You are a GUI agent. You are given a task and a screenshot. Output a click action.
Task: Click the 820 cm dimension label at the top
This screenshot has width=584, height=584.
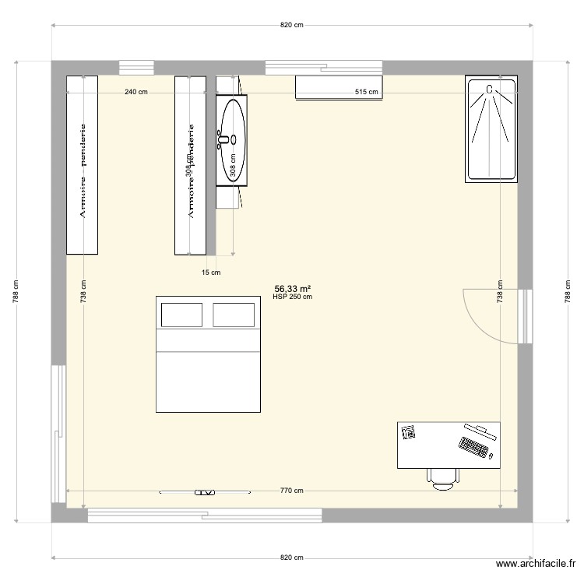coord(291,25)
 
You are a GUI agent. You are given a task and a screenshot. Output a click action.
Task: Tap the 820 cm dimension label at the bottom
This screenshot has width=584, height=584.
coord(291,558)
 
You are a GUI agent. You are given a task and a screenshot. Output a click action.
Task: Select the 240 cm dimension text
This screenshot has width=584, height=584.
coord(135,92)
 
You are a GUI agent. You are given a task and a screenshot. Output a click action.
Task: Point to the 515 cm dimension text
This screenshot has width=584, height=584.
coord(366,92)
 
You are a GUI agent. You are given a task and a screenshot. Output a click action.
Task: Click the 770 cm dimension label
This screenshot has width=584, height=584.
coord(291,491)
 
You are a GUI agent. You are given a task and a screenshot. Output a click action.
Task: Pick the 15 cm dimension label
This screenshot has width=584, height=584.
coord(211,273)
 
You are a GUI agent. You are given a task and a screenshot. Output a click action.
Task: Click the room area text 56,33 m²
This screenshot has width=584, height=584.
coord(292,288)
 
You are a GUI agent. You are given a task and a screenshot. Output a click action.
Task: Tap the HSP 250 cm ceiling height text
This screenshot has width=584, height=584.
coord(292,296)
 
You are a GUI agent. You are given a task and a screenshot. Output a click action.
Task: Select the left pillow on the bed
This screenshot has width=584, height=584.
coord(181,315)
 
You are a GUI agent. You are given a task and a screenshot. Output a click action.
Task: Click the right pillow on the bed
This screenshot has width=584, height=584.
coord(234,315)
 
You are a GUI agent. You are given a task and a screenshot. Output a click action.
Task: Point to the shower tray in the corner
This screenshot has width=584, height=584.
coord(491,129)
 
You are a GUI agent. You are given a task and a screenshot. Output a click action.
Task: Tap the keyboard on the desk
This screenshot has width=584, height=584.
coord(473,449)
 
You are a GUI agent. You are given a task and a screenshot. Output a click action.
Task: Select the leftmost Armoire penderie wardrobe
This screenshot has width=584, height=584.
coord(82,165)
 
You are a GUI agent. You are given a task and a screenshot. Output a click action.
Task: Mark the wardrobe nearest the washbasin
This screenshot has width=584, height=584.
coord(190,165)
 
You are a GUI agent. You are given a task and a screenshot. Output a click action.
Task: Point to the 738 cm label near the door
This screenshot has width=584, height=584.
coord(501,292)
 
